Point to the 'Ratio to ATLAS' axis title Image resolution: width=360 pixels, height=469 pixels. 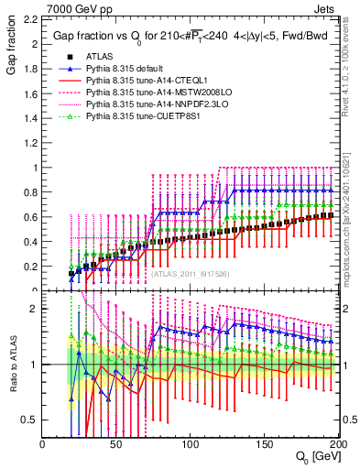pos(12,364)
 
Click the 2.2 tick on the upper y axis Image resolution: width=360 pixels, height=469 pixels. pos(32,19)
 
